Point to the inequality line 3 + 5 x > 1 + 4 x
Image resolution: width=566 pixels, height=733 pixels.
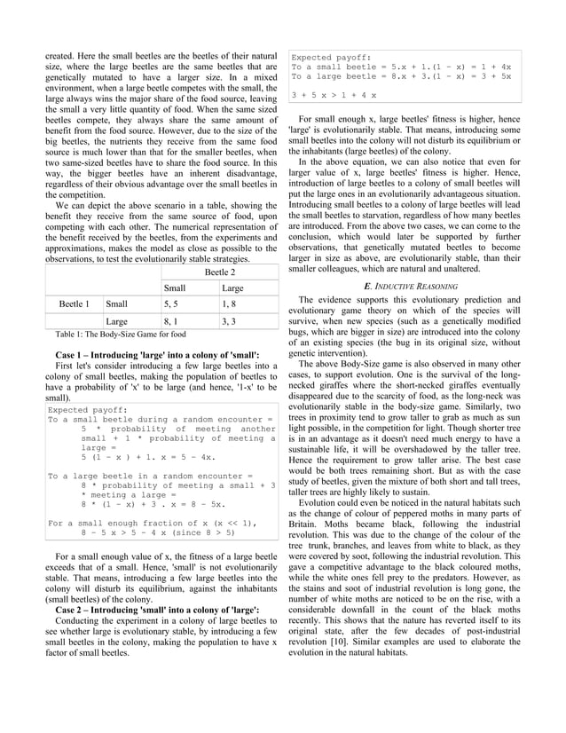point(334,95)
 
